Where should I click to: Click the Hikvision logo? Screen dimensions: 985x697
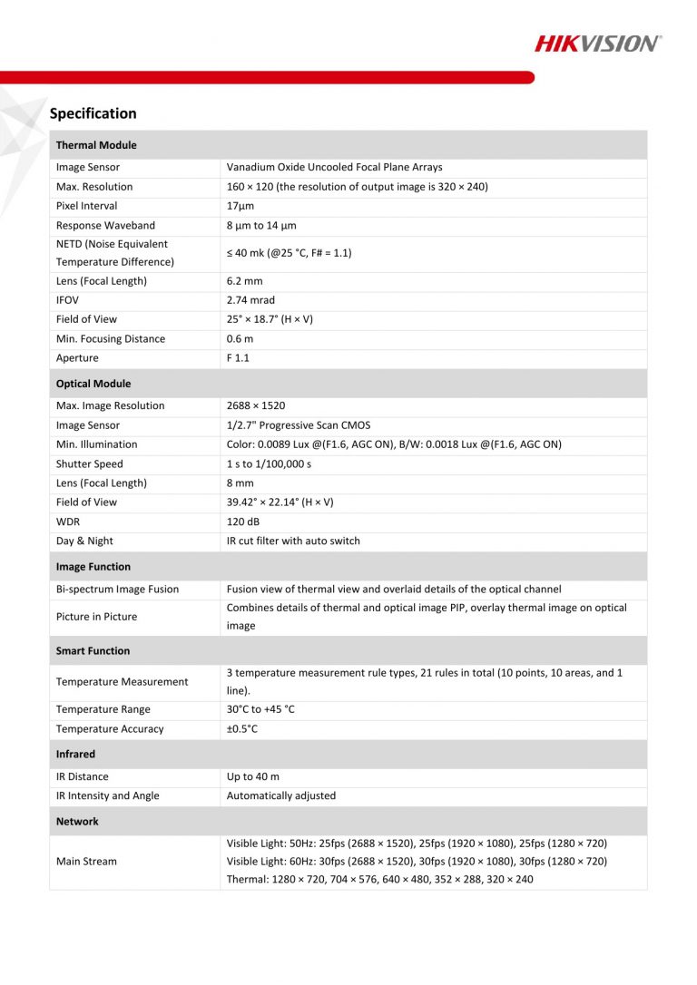coord(597,43)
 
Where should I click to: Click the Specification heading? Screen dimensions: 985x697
coord(93,113)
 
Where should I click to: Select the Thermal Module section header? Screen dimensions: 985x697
coord(96,145)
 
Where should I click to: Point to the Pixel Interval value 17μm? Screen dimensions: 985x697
coord(241,206)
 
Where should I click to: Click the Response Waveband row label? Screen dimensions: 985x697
coord(105,225)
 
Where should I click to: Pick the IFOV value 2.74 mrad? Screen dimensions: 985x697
coord(250,300)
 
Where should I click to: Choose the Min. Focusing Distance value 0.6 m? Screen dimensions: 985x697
coord(240,339)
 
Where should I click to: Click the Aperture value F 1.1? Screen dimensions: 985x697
coord(238,358)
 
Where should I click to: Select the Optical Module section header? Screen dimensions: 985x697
coord(93,384)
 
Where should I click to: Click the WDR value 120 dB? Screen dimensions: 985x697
coord(244,522)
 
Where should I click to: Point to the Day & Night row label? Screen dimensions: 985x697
coord(84,541)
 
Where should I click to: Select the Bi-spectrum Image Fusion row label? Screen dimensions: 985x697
coord(117,590)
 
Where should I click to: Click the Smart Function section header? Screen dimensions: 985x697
coord(93,650)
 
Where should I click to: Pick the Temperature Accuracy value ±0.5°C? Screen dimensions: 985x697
coord(242,729)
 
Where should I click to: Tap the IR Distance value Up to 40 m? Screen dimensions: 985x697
coord(253,776)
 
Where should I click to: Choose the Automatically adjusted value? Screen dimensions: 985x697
coord(281,795)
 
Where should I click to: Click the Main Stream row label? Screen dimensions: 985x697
coord(86,862)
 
